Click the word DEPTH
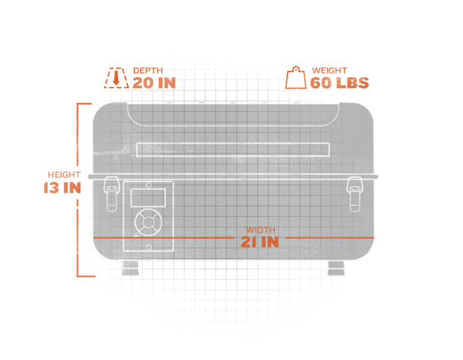pos(148,70)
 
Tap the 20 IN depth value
pos(154,82)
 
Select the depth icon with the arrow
pos(117,78)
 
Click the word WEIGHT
pos(330,70)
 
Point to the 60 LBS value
pos(340,82)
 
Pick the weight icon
pos(296,78)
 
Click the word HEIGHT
pos(64,175)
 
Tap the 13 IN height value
pos(63,187)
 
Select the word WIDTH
pos(261,230)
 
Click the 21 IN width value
pos(260,242)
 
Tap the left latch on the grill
pos(111,194)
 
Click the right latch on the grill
pos(354,194)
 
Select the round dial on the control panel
pos(148,222)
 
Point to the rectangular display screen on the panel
pos(148,197)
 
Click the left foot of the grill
pos(130,268)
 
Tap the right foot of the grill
pos(336,268)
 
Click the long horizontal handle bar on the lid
pos(233,150)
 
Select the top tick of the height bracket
pos(84,104)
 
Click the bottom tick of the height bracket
pos(86,276)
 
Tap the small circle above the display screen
pos(149,185)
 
